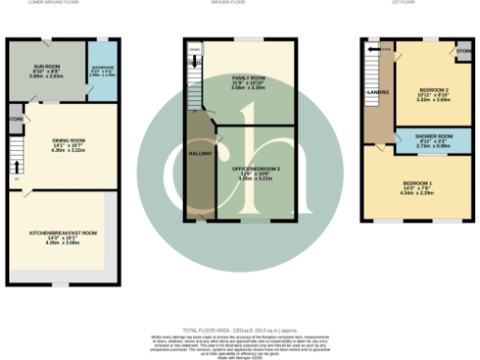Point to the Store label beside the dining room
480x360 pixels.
click(16, 119)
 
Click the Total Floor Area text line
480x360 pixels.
click(239, 331)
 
